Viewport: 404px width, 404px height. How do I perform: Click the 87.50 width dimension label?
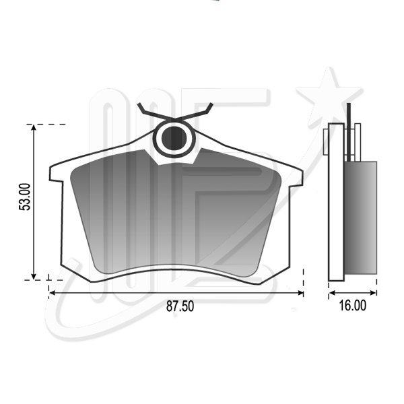click(x=180, y=306)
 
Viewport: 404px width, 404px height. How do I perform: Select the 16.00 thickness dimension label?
click(x=352, y=306)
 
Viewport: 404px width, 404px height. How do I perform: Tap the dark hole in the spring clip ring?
click(x=174, y=138)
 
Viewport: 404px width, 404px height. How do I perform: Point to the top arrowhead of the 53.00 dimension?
click(x=34, y=127)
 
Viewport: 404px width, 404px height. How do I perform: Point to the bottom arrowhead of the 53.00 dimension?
click(x=34, y=276)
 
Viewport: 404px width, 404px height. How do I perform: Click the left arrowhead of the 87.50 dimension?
click(x=53, y=293)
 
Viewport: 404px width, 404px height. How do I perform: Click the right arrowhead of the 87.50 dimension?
click(x=300, y=293)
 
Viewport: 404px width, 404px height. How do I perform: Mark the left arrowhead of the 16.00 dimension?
click(x=332, y=293)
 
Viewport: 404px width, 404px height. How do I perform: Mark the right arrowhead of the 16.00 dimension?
click(x=373, y=293)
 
